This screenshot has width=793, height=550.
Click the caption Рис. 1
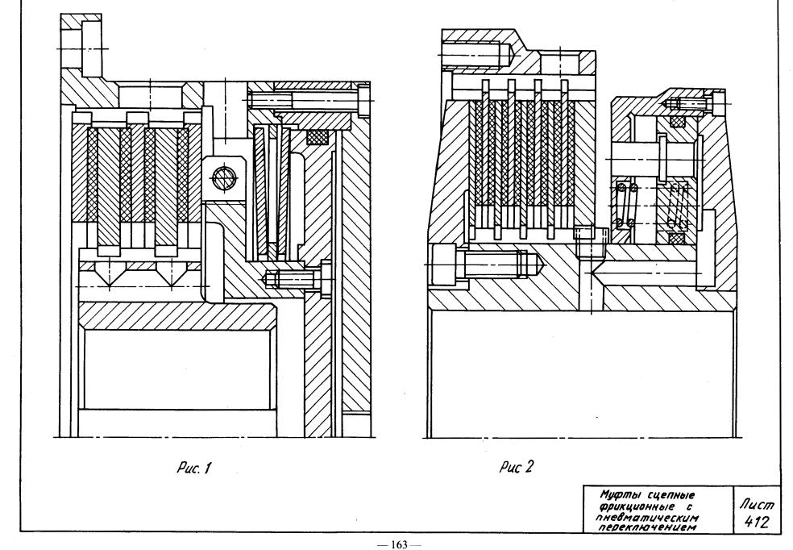coord(193,468)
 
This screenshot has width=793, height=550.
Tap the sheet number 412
coord(757,521)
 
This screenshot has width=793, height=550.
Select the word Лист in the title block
coord(757,504)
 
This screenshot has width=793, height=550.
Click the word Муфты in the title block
coord(617,494)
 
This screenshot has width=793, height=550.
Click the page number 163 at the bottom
coord(399,544)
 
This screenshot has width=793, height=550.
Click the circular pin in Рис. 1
coord(223,177)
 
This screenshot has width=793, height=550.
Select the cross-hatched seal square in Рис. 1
coord(318,136)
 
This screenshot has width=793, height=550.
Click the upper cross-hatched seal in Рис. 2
coord(677,122)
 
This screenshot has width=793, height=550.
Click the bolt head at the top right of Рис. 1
coord(363,101)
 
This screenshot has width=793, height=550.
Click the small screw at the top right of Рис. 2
coord(694,103)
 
